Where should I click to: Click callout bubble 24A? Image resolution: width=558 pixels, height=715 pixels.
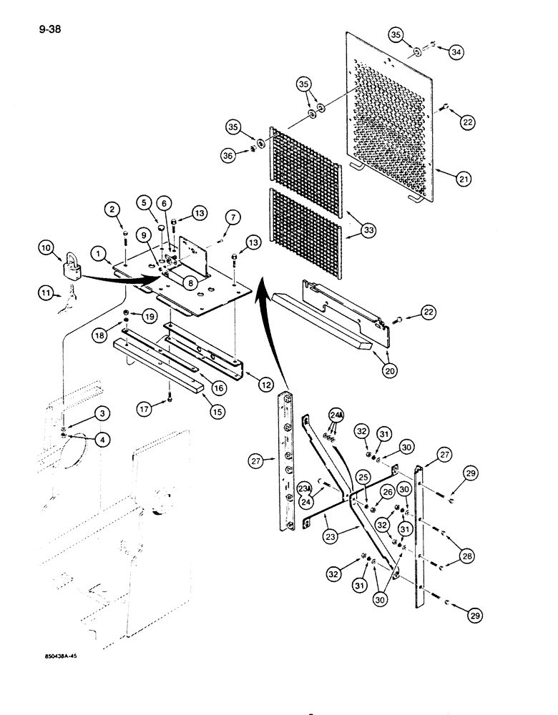tap(336, 415)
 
